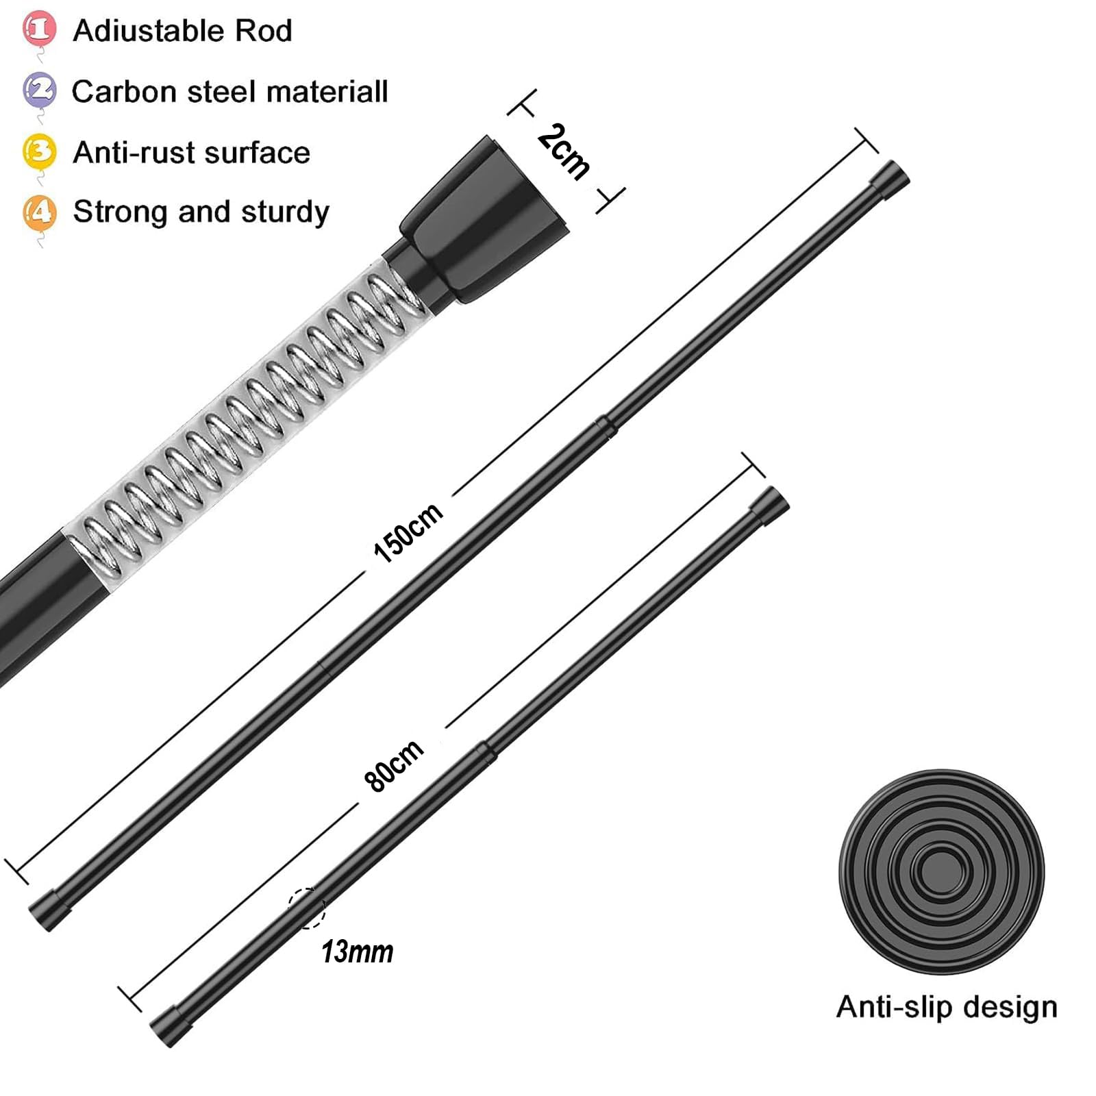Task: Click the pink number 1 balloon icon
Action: pyautogui.click(x=39, y=29)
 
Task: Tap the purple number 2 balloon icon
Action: pyautogui.click(x=39, y=90)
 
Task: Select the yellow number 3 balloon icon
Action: pyautogui.click(x=39, y=151)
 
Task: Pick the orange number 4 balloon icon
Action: pyautogui.click(x=39, y=212)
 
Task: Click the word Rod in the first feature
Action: pyautogui.click(x=264, y=31)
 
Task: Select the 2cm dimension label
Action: pyautogui.click(x=564, y=152)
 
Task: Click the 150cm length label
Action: pyautogui.click(x=408, y=533)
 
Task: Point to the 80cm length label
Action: pyautogui.click(x=393, y=766)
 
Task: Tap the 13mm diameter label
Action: pyautogui.click(x=357, y=951)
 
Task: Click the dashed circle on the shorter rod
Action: pyautogui.click(x=306, y=908)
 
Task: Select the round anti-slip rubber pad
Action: pyautogui.click(x=941, y=871)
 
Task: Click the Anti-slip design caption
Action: pyautogui.click(x=947, y=1007)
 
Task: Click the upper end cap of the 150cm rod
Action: pyautogui.click(x=890, y=180)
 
